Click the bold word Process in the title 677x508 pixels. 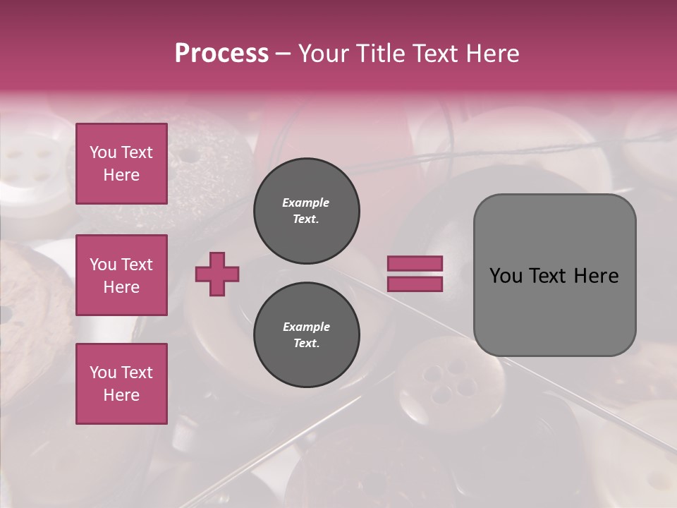221,54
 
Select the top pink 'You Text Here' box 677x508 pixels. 121,164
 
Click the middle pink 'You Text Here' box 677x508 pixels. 121,275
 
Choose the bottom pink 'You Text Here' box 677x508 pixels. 121,384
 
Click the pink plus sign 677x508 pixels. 217,274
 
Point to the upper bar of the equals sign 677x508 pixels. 415,263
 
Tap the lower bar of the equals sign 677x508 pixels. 415,284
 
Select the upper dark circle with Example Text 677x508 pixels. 306,211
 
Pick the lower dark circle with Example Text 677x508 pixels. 306,334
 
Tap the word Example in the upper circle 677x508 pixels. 305,202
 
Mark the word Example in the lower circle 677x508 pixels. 306,327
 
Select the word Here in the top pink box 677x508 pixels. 121,175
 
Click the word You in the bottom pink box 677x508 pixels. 103,373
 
